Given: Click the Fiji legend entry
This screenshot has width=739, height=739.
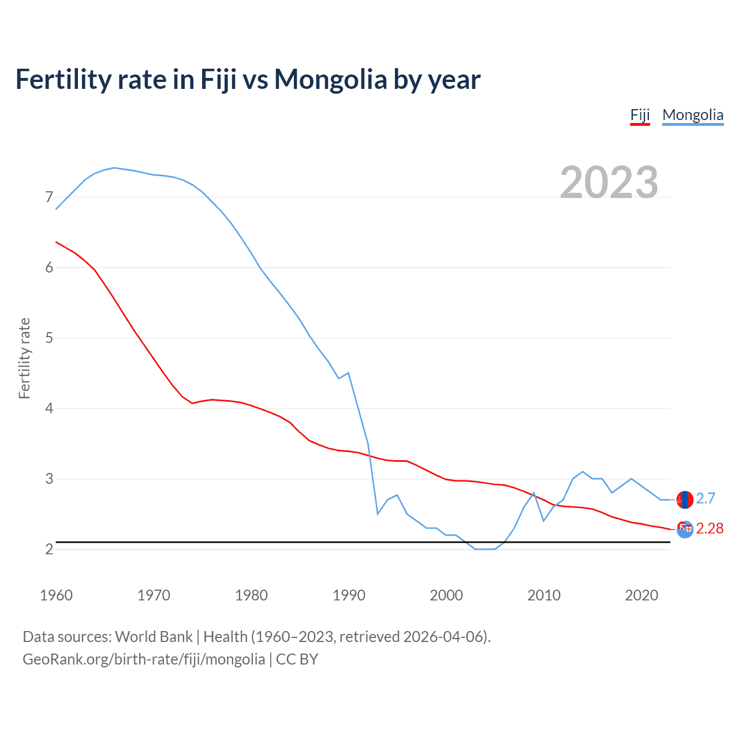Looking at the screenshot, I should coord(640,115).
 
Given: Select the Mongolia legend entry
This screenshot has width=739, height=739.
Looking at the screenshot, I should coord(692,115).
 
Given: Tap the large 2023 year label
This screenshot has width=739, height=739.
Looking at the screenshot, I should coord(609,182).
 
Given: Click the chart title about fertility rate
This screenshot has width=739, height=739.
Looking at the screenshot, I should coord(248,79).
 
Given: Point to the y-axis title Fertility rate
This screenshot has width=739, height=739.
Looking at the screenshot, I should coord(24,358).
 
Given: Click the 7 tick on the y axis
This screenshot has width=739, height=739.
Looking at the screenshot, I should coord(49,197).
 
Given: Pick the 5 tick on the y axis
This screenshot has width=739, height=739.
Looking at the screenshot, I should coord(49,338).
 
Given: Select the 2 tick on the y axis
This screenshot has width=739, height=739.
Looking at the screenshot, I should coord(49,549).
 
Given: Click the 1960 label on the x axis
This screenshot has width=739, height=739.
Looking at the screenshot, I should coord(56,595).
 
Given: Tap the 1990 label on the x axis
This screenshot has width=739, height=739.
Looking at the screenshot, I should coord(349,595).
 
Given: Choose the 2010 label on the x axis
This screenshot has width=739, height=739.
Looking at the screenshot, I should coord(544,595).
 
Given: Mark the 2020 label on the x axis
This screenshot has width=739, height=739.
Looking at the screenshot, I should coord(641,595).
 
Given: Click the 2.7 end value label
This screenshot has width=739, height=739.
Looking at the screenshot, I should coord(706,498).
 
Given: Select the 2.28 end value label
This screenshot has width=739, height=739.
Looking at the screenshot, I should coord(710,528).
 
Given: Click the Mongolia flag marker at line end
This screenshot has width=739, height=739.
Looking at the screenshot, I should coord(685,499).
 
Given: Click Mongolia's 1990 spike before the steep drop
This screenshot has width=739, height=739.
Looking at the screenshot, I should coord(348,373).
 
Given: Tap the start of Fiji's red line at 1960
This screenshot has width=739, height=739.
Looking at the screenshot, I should coord(56,242).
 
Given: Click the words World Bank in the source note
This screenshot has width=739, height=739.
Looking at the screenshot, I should coord(154,637).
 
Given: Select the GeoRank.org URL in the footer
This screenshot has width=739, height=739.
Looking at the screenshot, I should coord(144,659).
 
